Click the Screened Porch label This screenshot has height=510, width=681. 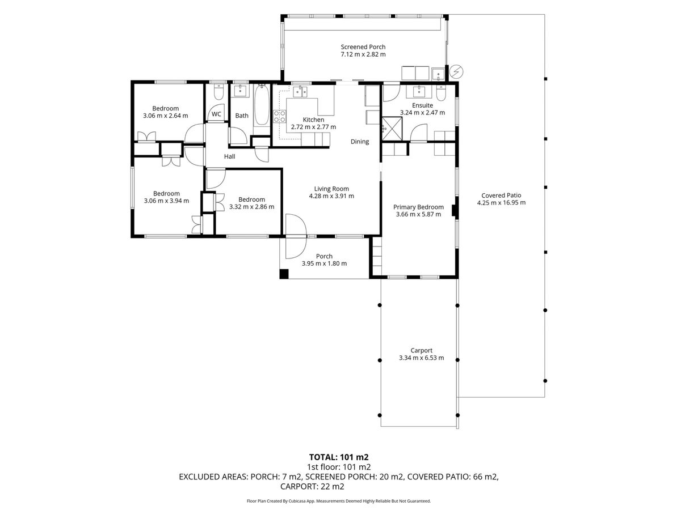(x=363, y=47)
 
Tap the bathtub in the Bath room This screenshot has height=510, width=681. (x=262, y=105)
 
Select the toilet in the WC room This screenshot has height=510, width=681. (x=219, y=92)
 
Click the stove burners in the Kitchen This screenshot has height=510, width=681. (x=280, y=116)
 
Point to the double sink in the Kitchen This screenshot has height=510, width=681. (x=300, y=92)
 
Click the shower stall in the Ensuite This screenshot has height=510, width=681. (x=392, y=129)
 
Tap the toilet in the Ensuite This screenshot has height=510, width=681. (x=441, y=92)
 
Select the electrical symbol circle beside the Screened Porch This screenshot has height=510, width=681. (x=456, y=71)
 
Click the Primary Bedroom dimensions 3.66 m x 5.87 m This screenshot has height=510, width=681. (x=418, y=214)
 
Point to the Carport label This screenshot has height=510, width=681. (x=421, y=350)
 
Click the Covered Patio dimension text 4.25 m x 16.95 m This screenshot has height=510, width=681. (x=501, y=203)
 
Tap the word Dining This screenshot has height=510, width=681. (x=360, y=142)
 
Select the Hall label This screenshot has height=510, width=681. (x=230, y=156)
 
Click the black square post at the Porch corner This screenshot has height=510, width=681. (x=284, y=274)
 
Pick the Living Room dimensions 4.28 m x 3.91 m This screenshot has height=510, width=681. (x=331, y=196)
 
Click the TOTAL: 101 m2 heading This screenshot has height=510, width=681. (x=339, y=457)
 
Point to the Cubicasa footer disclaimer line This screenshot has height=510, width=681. (x=339, y=501)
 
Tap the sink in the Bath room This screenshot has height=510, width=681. (x=240, y=91)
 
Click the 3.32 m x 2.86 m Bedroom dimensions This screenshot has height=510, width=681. (x=251, y=207)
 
